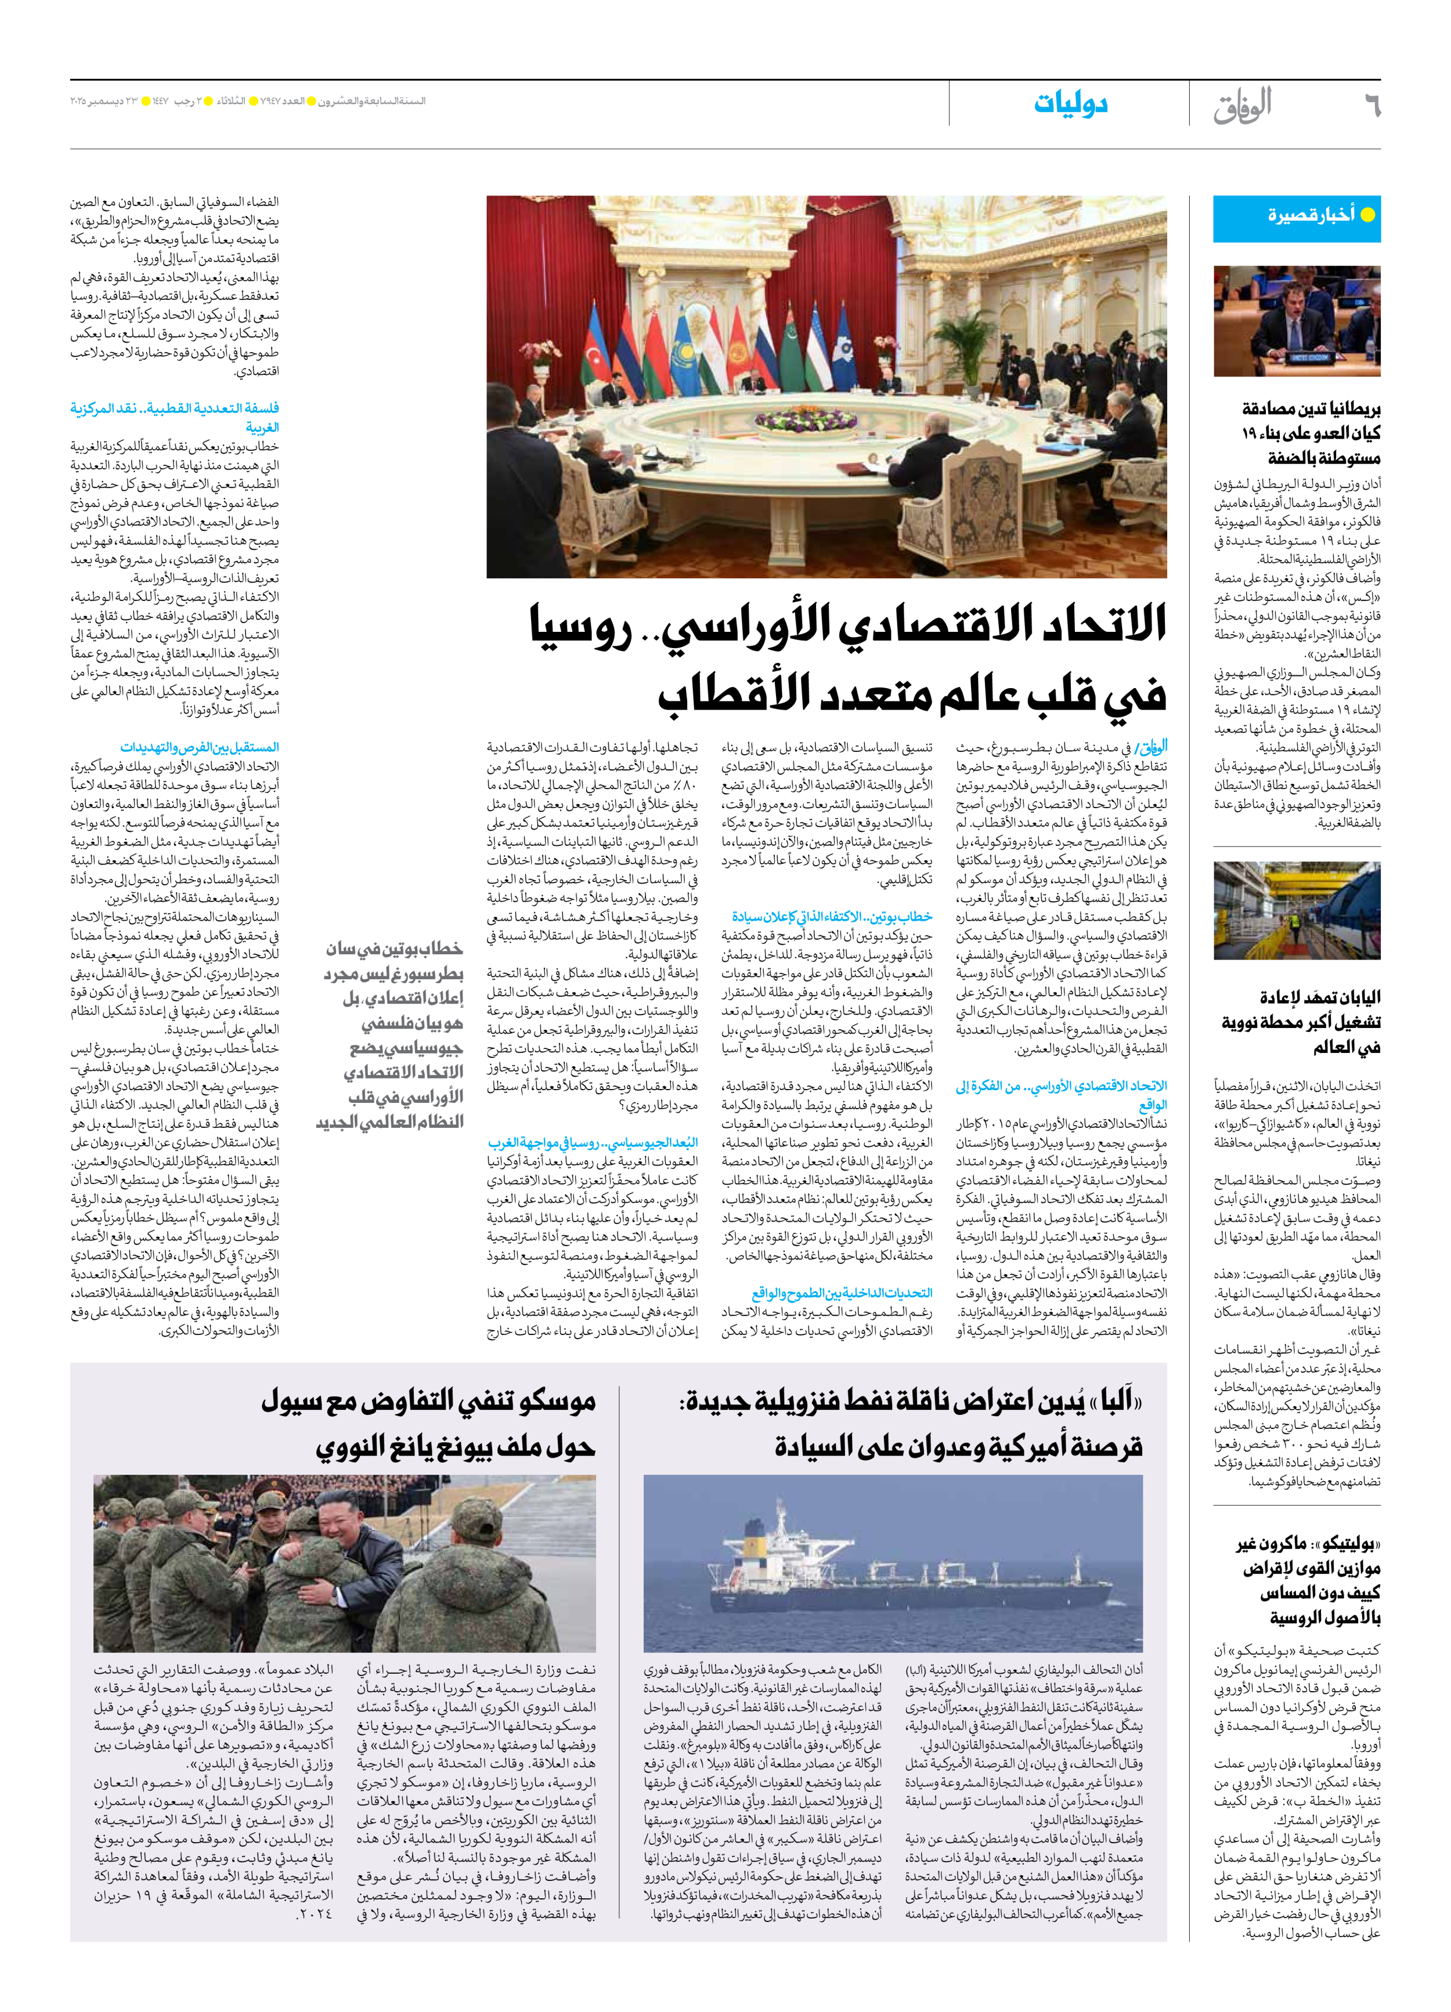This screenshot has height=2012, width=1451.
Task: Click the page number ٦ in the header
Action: click(x=1371, y=106)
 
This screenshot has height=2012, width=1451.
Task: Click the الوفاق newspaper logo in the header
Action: click(x=1243, y=106)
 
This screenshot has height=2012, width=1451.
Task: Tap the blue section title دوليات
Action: click(x=1070, y=104)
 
